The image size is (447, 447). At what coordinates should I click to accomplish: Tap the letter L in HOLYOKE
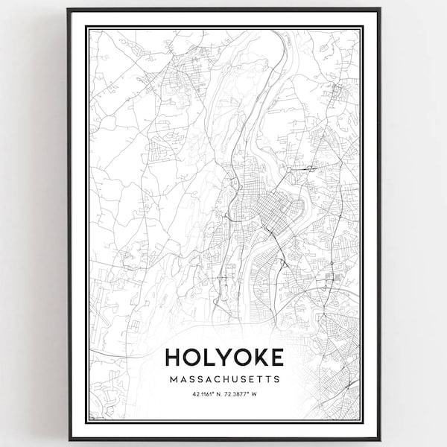coord(210,357)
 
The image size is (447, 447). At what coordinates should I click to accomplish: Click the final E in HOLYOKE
coord(276,357)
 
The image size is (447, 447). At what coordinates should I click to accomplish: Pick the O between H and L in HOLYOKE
coord(193,357)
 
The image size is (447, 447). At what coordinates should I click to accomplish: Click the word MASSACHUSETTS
coord(224,379)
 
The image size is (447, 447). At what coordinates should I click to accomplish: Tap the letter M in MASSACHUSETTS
coord(173,379)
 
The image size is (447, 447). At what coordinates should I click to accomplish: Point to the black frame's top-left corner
coord(69,10)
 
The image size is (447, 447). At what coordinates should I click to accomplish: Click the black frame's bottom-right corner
coord(379,439)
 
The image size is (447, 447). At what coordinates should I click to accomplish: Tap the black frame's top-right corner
coord(379,10)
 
